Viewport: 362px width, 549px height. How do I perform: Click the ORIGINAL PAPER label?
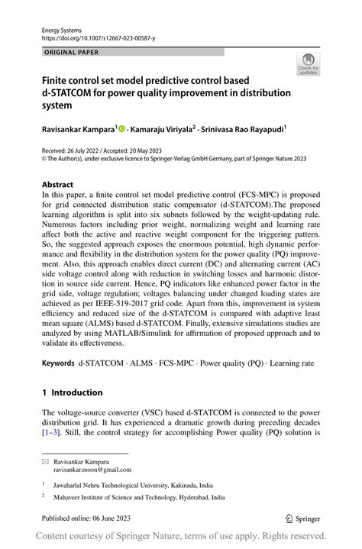tap(71, 53)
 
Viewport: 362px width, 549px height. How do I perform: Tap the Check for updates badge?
tap(308, 63)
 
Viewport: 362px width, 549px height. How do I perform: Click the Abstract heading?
tap(58, 185)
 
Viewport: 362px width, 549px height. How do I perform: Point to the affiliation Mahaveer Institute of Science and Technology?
tap(130, 496)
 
